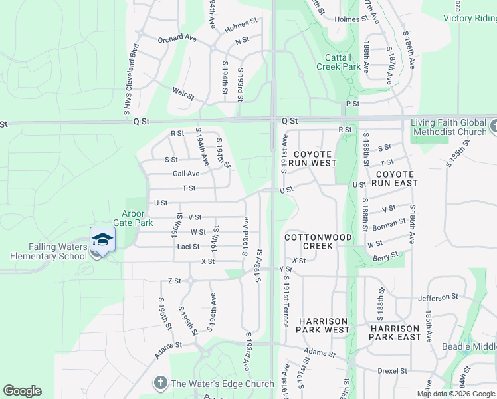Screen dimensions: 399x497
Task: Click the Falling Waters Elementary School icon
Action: point(102,239)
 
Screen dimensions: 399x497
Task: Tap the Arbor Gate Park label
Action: point(133,218)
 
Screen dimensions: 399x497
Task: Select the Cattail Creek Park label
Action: point(338,62)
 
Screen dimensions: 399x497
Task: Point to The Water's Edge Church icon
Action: point(160,383)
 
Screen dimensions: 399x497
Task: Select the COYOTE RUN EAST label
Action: point(394,178)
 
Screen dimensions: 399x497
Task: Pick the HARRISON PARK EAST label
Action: point(395,332)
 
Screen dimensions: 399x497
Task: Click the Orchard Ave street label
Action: point(177,38)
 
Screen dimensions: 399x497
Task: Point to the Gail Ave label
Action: point(186,174)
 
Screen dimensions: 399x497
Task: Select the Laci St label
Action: point(188,247)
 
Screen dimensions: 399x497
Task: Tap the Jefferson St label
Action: point(439,297)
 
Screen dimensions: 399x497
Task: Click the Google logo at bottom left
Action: point(22,391)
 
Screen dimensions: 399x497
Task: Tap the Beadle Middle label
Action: point(469,346)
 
